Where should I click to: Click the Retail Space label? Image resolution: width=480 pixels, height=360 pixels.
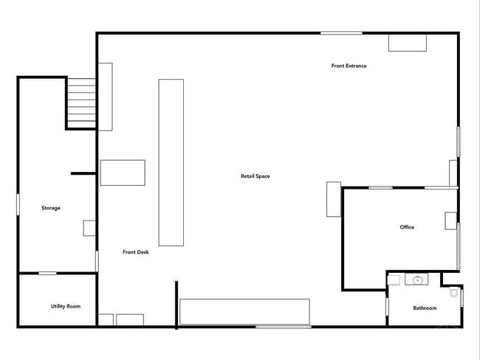coord(256,176)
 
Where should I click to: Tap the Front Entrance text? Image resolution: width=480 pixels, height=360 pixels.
coord(349,66)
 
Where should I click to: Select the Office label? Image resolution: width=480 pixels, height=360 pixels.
coord(407,227)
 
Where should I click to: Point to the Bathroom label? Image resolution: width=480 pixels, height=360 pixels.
coord(425,308)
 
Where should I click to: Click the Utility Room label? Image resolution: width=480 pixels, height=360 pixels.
coord(66,306)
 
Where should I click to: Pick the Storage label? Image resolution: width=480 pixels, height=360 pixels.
coord(51,208)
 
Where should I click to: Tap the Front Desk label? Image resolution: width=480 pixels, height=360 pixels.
coord(136,252)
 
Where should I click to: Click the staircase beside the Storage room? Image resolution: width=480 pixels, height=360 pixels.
coord(81,103)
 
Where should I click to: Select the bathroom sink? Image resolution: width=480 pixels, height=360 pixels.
coord(416,280)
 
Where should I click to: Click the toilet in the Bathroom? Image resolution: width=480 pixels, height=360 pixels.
coord(454,292)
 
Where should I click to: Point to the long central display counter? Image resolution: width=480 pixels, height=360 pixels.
coord(171,162)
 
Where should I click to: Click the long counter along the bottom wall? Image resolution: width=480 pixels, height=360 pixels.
coord(244,311)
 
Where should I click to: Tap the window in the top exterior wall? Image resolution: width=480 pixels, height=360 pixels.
coord(341,32)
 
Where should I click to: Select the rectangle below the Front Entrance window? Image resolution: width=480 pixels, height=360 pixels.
coord(408,43)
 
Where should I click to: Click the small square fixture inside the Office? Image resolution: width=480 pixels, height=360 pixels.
coord(450,221)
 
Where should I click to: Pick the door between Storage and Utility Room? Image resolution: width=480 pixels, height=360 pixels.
coord(47,273)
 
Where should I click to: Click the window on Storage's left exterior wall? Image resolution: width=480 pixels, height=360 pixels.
coord(18,204)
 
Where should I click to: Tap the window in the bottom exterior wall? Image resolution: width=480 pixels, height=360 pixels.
coord(284,327)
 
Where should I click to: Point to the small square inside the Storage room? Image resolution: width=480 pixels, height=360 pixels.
coord(89,228)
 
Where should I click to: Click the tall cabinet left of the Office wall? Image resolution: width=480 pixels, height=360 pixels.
coord(334,199)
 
